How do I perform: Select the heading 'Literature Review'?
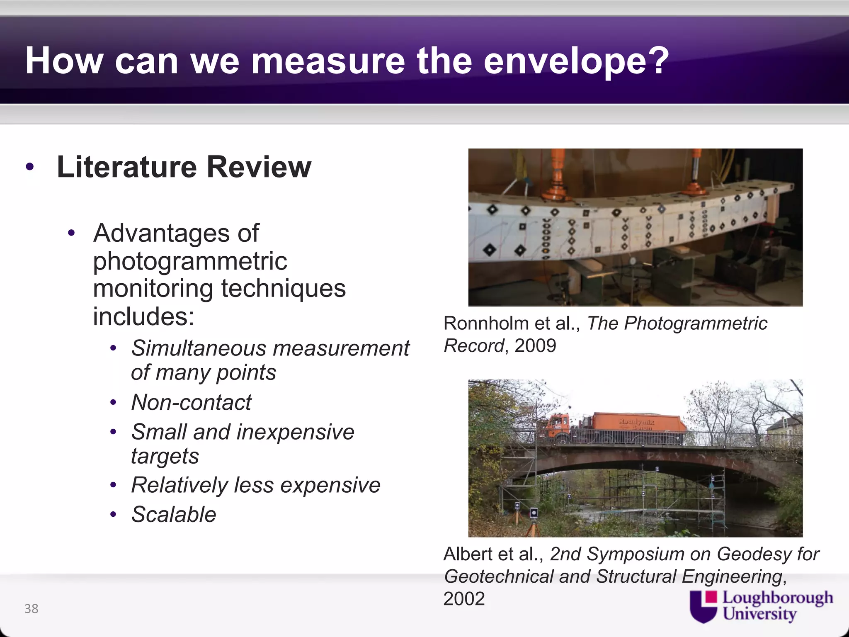pyautogui.click(x=184, y=167)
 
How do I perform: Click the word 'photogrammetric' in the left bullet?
pyautogui.click(x=190, y=261)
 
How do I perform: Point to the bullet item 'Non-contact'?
pyautogui.click(x=191, y=402)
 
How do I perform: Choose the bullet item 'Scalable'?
pyautogui.click(x=174, y=515)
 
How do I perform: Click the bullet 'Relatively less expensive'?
pyautogui.click(x=255, y=485)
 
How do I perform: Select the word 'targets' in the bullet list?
pyautogui.click(x=165, y=456)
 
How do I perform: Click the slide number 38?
pyautogui.click(x=32, y=609)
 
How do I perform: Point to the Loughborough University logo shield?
pyautogui.click(x=703, y=607)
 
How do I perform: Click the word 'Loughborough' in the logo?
pyautogui.click(x=778, y=598)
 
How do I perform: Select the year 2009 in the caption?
pyautogui.click(x=535, y=345)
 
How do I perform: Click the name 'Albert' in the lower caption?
pyautogui.click(x=468, y=554)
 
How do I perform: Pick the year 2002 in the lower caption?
pyautogui.click(x=464, y=599)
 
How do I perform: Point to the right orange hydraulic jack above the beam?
pyautogui.click(x=696, y=172)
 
